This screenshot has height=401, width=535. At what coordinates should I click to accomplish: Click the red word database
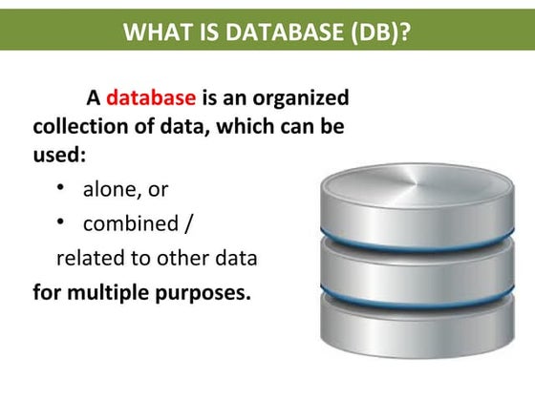click(151, 97)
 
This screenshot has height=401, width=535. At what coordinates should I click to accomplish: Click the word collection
click(78, 126)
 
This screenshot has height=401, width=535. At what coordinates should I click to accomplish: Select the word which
click(238, 126)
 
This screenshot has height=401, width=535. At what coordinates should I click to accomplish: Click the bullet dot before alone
click(60, 188)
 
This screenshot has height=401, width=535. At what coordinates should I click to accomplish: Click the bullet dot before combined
click(60, 223)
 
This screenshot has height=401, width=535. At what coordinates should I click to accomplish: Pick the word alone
click(111, 190)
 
